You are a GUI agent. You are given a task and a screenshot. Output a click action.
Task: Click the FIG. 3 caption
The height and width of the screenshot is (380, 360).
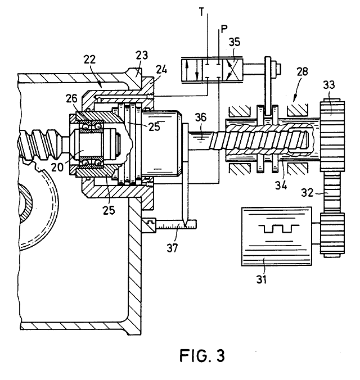pyautogui.click(x=202, y=355)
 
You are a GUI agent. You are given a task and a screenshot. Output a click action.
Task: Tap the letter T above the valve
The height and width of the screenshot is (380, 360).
pyautogui.click(x=201, y=12)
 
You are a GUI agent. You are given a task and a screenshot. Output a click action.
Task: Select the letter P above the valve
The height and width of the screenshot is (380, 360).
pyautogui.click(x=224, y=29)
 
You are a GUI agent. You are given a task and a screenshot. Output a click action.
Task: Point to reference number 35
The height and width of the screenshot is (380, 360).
pyautogui.click(x=235, y=42)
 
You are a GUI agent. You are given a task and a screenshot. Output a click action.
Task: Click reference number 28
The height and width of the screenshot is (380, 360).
pyautogui.click(x=302, y=72)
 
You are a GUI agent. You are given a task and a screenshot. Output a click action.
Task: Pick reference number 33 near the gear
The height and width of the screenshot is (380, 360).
pyautogui.click(x=328, y=85)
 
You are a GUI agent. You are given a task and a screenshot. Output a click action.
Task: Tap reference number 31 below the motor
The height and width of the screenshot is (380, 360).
pyautogui.click(x=262, y=279)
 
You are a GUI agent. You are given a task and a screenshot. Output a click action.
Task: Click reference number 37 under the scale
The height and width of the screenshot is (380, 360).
pyautogui.click(x=172, y=248)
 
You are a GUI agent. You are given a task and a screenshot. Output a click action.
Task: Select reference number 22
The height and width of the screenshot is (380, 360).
pyautogui.click(x=90, y=60)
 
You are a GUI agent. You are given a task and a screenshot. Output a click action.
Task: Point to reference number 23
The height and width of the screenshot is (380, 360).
pyautogui.click(x=142, y=55)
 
